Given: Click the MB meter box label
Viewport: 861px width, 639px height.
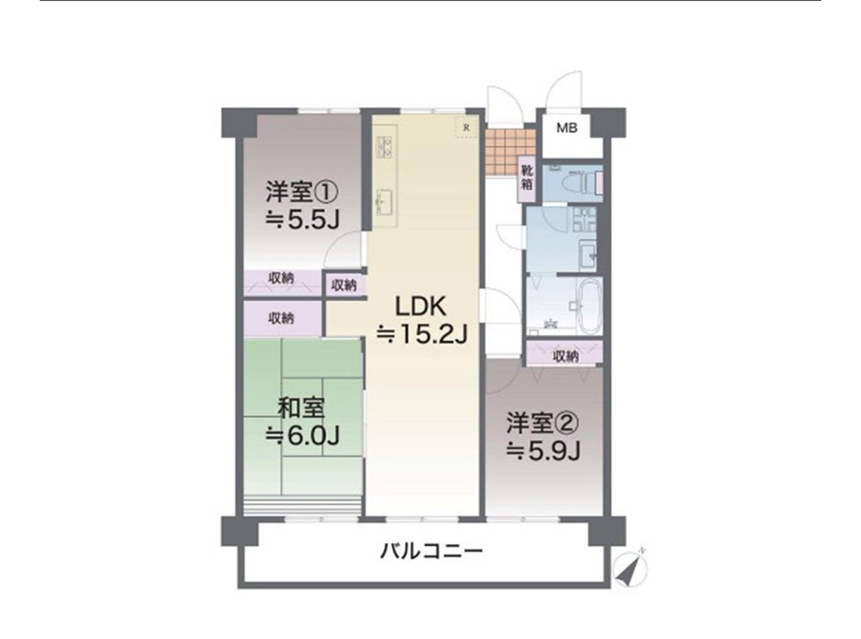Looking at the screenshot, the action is click(x=567, y=128).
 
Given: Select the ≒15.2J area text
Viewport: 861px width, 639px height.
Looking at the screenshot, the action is click(x=422, y=334).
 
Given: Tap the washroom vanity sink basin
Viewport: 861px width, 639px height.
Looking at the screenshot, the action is click(x=587, y=251).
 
